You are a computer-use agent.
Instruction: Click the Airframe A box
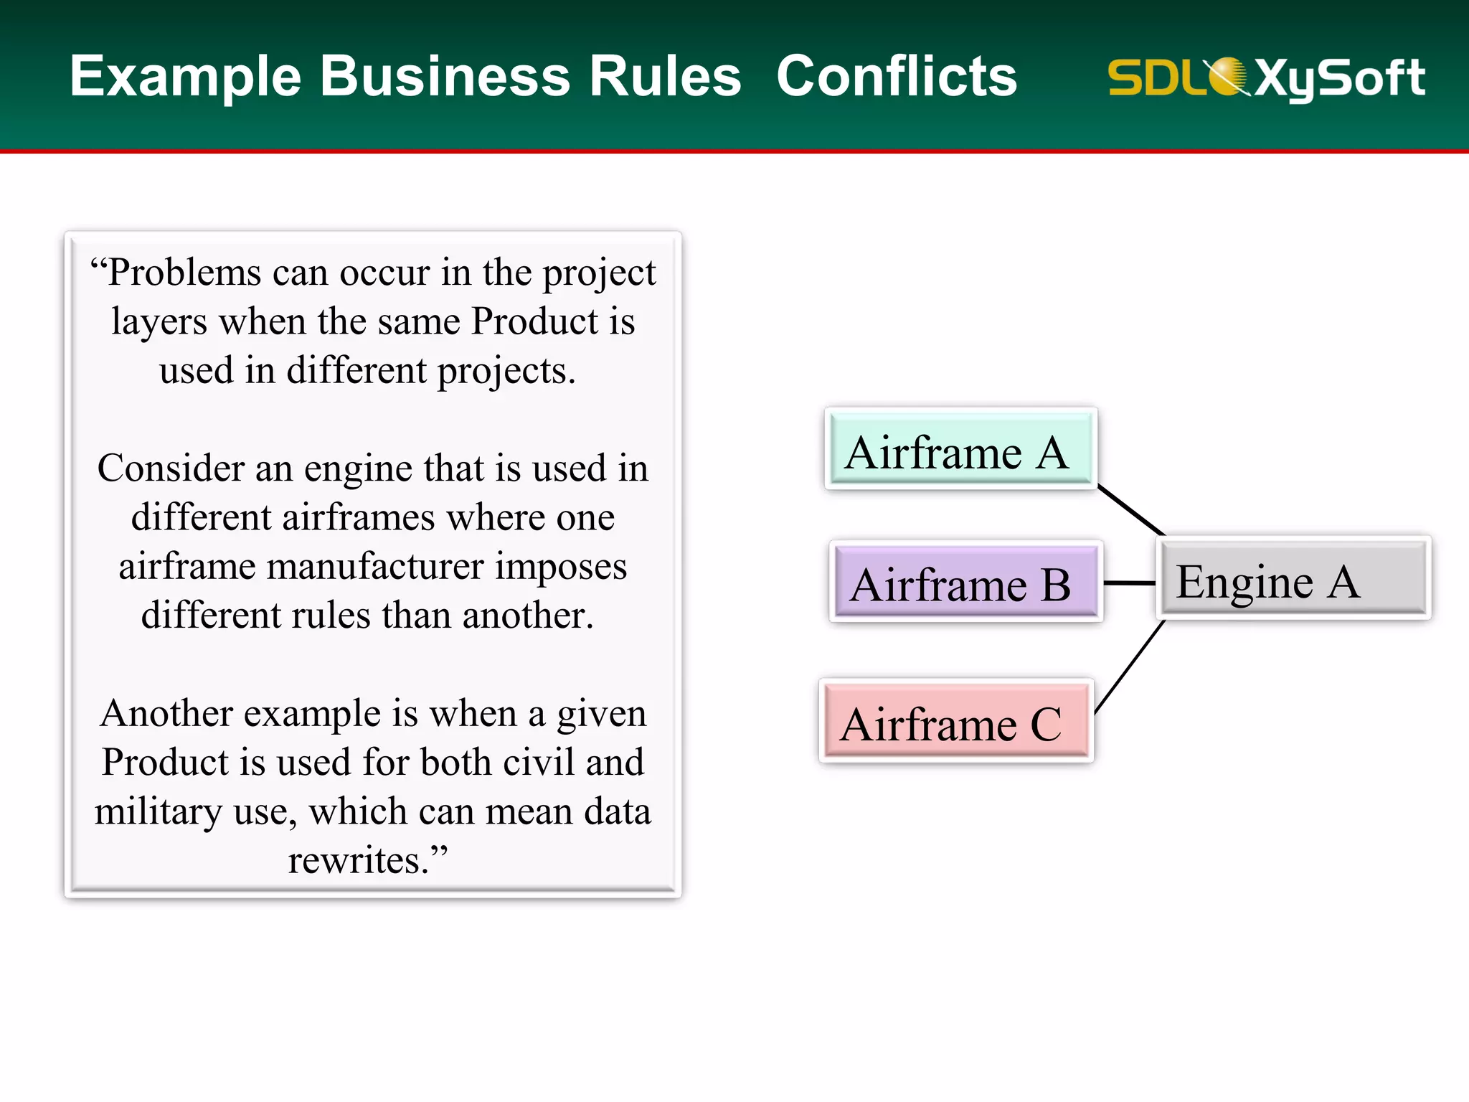960,449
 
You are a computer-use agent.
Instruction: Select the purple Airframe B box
965,582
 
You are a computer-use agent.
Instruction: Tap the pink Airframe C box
955,721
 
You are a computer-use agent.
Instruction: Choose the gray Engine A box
1293,578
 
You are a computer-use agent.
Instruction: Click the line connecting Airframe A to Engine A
1131,511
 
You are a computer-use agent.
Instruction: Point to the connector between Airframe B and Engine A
1129,583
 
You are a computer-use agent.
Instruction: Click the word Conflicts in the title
897,76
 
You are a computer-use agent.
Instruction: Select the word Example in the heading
185,77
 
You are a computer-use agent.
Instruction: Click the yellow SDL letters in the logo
1155,77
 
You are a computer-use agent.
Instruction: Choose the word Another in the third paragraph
166,714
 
